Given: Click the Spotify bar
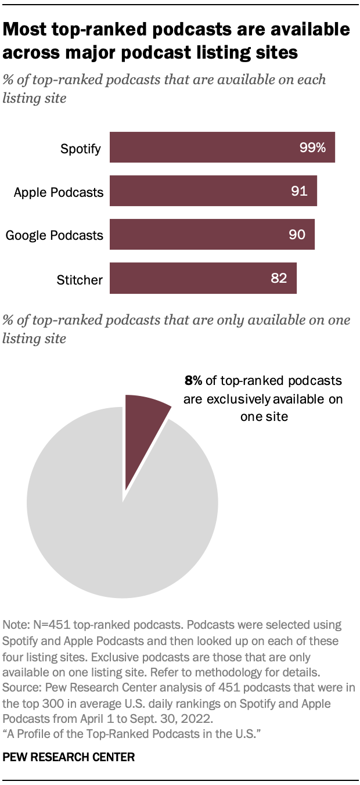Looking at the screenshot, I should pyautogui.click(x=222, y=147).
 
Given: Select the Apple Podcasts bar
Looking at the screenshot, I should pyautogui.click(x=213, y=191).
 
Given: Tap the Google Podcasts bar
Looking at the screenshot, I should pyautogui.click(x=212, y=235).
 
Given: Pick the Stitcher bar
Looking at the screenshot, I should pyautogui.click(x=203, y=278).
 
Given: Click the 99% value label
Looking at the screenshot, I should pyautogui.click(x=313, y=147).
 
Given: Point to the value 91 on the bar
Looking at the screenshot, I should pyautogui.click(x=299, y=191).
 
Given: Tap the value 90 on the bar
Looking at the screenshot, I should pyautogui.click(x=297, y=235).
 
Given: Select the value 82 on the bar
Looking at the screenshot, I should pyautogui.click(x=279, y=278).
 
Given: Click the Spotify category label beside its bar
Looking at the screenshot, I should pyautogui.click(x=81, y=149).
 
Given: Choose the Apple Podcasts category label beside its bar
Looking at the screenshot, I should pyautogui.click(x=59, y=192).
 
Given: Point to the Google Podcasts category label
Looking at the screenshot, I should pyautogui.click(x=55, y=235).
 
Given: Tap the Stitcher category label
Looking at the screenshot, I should pyautogui.click(x=80, y=280).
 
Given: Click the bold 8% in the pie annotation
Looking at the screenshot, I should pyautogui.click(x=193, y=381).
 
